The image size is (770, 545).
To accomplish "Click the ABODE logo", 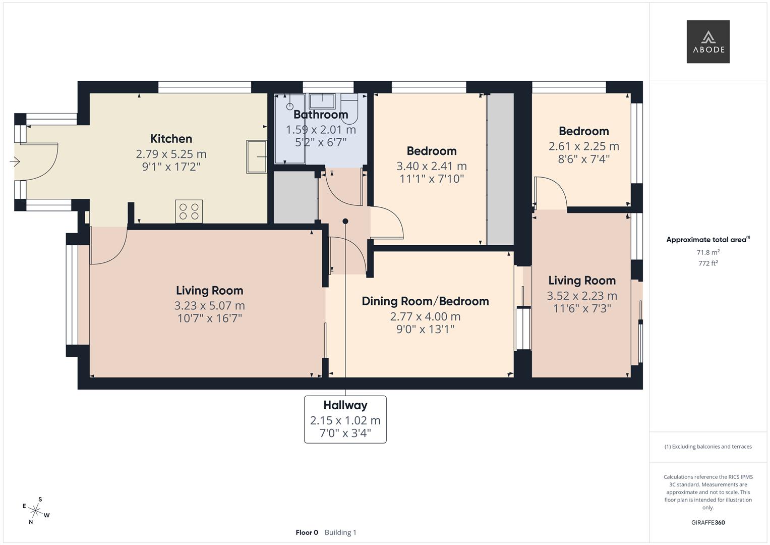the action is click(708, 41).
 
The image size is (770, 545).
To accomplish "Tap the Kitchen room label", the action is click(171, 139).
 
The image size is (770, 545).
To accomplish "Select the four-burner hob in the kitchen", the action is click(189, 211).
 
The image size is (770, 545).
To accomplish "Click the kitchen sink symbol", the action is click(257, 156).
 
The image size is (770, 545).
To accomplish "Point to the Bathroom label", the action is click(321, 114).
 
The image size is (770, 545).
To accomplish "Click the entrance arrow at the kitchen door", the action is click(15, 161).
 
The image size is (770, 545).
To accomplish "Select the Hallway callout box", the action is click(345, 419).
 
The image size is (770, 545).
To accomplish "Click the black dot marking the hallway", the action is click(345, 221).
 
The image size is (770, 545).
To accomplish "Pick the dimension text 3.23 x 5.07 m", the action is click(209, 305).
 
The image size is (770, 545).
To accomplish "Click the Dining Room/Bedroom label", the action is click(425, 301).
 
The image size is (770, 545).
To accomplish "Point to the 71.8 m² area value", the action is click(708, 252).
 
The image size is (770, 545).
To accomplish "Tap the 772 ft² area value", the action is click(708, 263).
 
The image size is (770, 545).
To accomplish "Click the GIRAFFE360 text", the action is click(708, 522).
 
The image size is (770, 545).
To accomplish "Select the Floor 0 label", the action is click(307, 532).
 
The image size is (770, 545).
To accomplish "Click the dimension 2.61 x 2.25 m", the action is click(584, 146).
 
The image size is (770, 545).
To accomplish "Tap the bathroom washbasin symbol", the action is click(322, 101).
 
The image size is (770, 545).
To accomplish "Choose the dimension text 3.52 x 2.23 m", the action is click(581, 296).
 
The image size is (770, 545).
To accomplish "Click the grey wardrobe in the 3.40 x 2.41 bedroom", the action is click(501, 169).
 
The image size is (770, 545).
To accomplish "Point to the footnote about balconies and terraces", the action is click(708, 447).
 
